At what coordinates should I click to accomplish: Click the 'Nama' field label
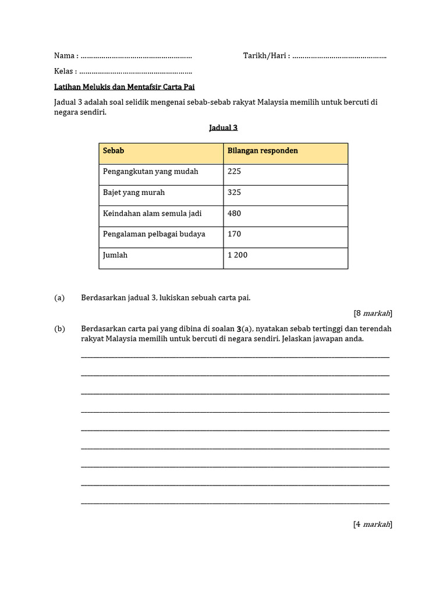click(x=65, y=56)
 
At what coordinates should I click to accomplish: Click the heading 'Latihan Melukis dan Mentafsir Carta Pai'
click(x=124, y=87)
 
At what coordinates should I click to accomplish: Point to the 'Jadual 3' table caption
click(x=223, y=128)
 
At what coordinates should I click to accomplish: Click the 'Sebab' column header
click(x=113, y=151)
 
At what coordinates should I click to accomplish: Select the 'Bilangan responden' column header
click(x=262, y=151)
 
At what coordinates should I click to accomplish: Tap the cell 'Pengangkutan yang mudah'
click(x=151, y=172)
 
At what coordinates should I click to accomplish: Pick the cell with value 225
click(x=235, y=172)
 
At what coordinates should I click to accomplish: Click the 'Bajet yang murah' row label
click(x=134, y=193)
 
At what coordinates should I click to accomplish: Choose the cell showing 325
click(x=235, y=193)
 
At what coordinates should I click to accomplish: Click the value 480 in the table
click(x=235, y=214)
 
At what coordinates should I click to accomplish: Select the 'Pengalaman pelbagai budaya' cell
click(x=154, y=234)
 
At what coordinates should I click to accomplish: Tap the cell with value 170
click(x=235, y=234)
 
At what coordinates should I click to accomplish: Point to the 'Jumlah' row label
click(x=115, y=255)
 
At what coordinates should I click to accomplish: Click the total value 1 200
click(x=237, y=255)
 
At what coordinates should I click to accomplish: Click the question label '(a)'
click(x=59, y=298)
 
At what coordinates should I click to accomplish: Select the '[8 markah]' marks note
click(x=372, y=313)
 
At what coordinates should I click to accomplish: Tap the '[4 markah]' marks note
click(x=372, y=524)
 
